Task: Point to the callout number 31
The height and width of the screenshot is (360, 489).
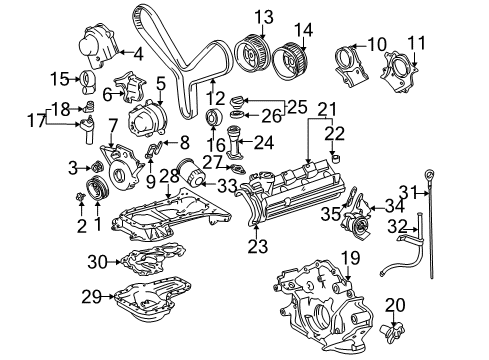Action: pos(436,192)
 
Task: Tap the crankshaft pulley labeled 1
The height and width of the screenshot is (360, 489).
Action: pos(96,190)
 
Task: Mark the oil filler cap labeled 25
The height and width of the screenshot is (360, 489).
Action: pos(239,101)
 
